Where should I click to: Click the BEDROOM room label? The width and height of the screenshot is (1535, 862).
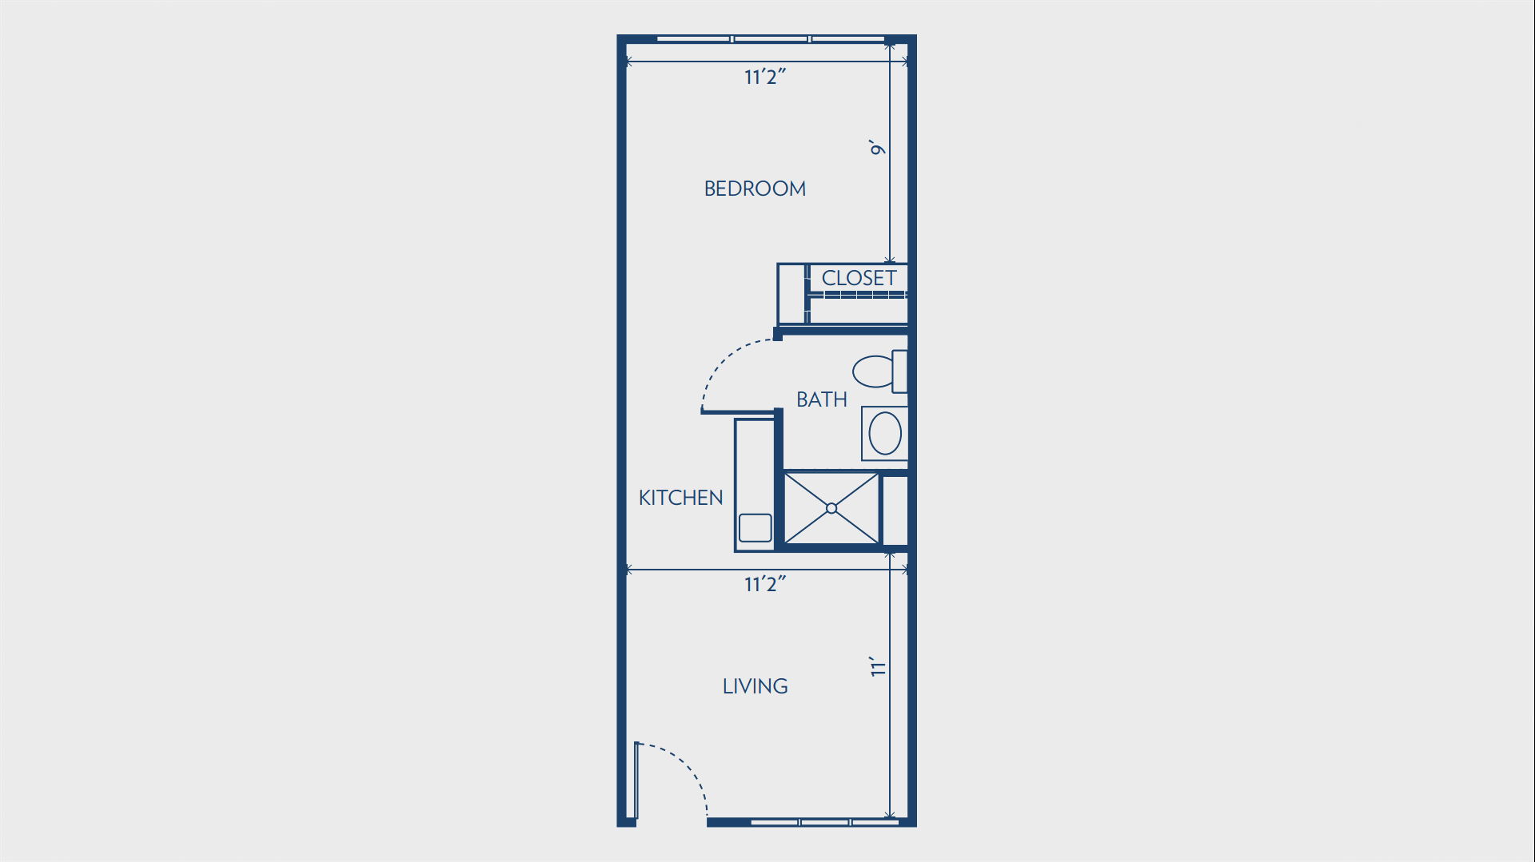point(755,189)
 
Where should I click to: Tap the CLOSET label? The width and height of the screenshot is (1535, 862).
point(859,278)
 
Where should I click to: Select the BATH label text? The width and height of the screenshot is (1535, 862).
point(822,399)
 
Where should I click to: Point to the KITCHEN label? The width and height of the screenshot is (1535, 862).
point(681,498)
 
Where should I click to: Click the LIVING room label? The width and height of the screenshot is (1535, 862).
point(756,686)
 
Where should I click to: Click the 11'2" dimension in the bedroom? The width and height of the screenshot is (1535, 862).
point(765,77)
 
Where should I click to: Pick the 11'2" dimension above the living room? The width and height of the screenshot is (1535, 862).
point(765,584)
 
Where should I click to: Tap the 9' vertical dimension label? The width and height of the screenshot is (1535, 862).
point(878,148)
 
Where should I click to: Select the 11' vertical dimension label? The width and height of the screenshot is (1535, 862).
point(878,666)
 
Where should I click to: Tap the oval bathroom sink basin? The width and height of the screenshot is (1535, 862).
point(885,433)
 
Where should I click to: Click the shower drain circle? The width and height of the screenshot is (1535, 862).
point(831,508)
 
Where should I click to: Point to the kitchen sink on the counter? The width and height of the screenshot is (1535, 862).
point(756,528)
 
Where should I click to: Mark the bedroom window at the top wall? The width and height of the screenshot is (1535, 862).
point(771,38)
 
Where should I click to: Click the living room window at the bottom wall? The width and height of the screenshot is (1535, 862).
point(824,822)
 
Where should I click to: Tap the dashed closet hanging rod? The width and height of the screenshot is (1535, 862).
point(857,295)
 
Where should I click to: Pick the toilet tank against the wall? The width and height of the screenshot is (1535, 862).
point(900,371)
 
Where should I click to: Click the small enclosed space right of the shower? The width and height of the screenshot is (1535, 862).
point(895,510)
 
